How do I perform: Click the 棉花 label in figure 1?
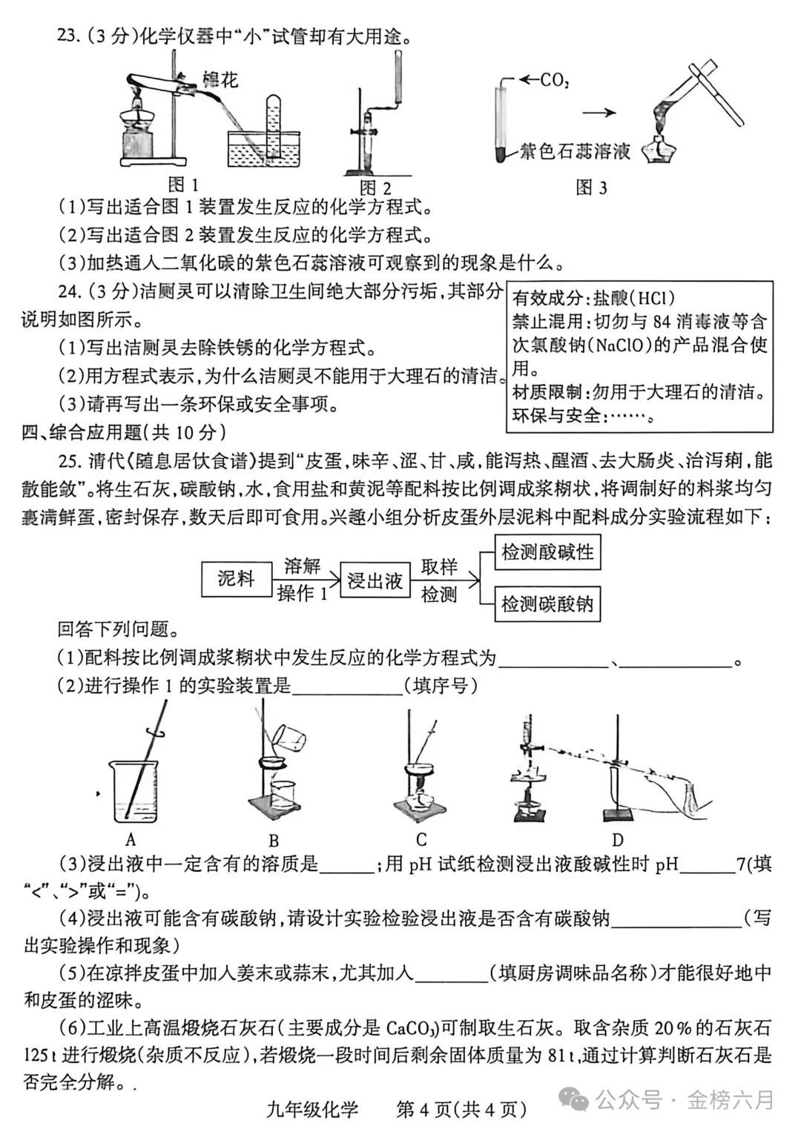coord(220,79)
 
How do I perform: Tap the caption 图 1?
coord(183,185)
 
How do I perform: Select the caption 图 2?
coord(375,188)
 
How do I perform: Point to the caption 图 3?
coord(591,188)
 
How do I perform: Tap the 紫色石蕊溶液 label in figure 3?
coord(574,152)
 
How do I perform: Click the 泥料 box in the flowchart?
coord(236,579)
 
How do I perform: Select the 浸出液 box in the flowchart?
coord(375,580)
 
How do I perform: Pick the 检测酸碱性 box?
coord(547,552)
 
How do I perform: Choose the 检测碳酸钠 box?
coord(547,604)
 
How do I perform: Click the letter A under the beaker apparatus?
coord(131,839)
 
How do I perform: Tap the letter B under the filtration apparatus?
coord(274,841)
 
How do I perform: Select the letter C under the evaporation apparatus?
coord(421,839)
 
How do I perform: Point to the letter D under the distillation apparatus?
coord(617,840)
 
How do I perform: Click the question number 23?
coord(67,36)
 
